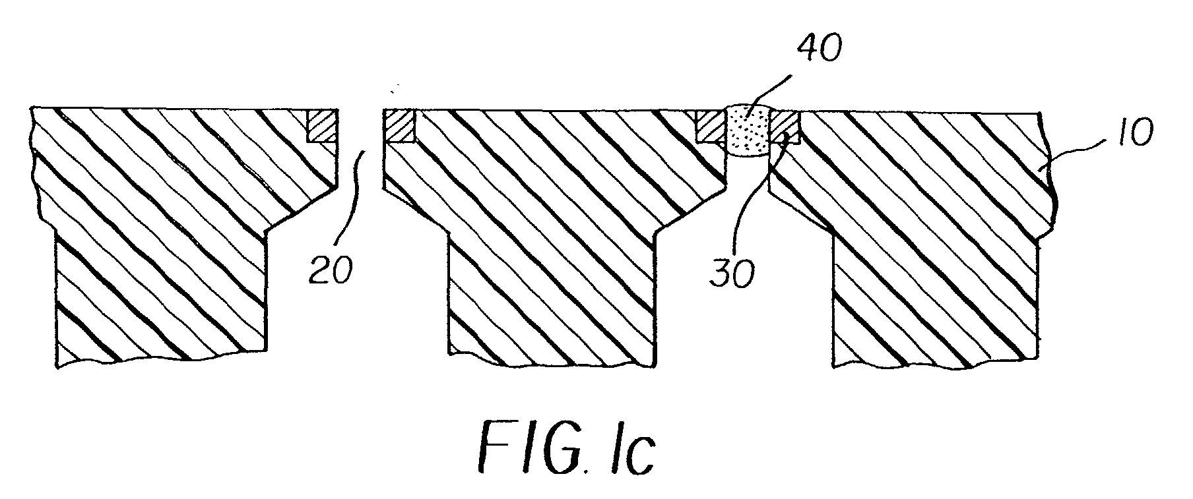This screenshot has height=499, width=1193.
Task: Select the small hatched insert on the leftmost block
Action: tap(323, 126)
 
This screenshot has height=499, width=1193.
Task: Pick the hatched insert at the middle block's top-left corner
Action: tap(399, 126)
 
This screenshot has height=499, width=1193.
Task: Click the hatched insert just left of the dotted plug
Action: tap(711, 126)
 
